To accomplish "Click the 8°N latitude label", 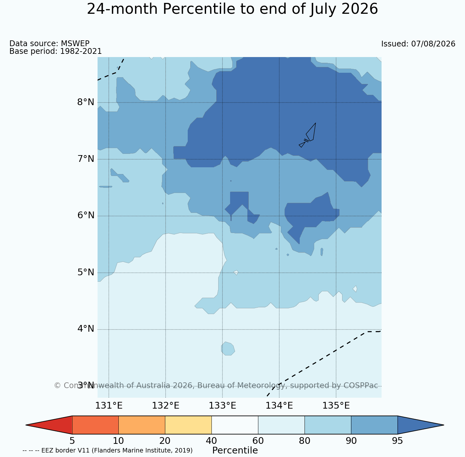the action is coord(85,102).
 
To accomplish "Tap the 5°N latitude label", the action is coord(85,272).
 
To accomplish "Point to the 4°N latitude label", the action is coord(85,329).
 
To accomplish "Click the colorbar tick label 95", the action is coord(397,441).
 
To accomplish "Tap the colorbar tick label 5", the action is coord(72,441).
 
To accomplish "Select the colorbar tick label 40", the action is coord(211,441).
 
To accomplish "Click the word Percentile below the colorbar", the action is coord(235,451).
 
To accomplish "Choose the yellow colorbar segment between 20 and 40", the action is coord(188,425).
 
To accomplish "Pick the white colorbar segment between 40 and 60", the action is coord(235,425).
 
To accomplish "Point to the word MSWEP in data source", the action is coord(75,43).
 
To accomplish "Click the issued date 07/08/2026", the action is coord(433,44).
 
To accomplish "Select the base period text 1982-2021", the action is coord(81,51).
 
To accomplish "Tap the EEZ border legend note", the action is coord(108,451).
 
